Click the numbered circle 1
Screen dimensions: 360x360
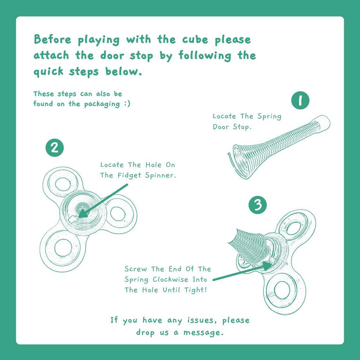click(x=300, y=100)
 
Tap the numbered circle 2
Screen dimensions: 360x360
click(x=55, y=148)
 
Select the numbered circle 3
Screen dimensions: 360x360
click(x=258, y=205)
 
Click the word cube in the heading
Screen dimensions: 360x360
click(x=195, y=40)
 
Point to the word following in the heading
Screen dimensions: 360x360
click(x=205, y=56)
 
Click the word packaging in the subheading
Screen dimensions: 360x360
click(x=102, y=104)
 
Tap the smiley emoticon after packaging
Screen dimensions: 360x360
click(x=127, y=104)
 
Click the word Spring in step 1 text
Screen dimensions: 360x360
click(x=269, y=116)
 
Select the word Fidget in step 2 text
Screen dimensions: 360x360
click(x=129, y=175)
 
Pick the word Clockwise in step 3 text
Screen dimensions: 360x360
click(x=170, y=279)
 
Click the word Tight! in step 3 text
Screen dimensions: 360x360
click(x=196, y=290)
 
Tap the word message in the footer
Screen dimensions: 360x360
click(x=203, y=333)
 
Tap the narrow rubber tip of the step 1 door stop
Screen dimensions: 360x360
click(x=323, y=124)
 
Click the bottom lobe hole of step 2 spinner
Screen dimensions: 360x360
click(x=63, y=248)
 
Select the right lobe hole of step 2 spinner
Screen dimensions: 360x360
click(x=117, y=214)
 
